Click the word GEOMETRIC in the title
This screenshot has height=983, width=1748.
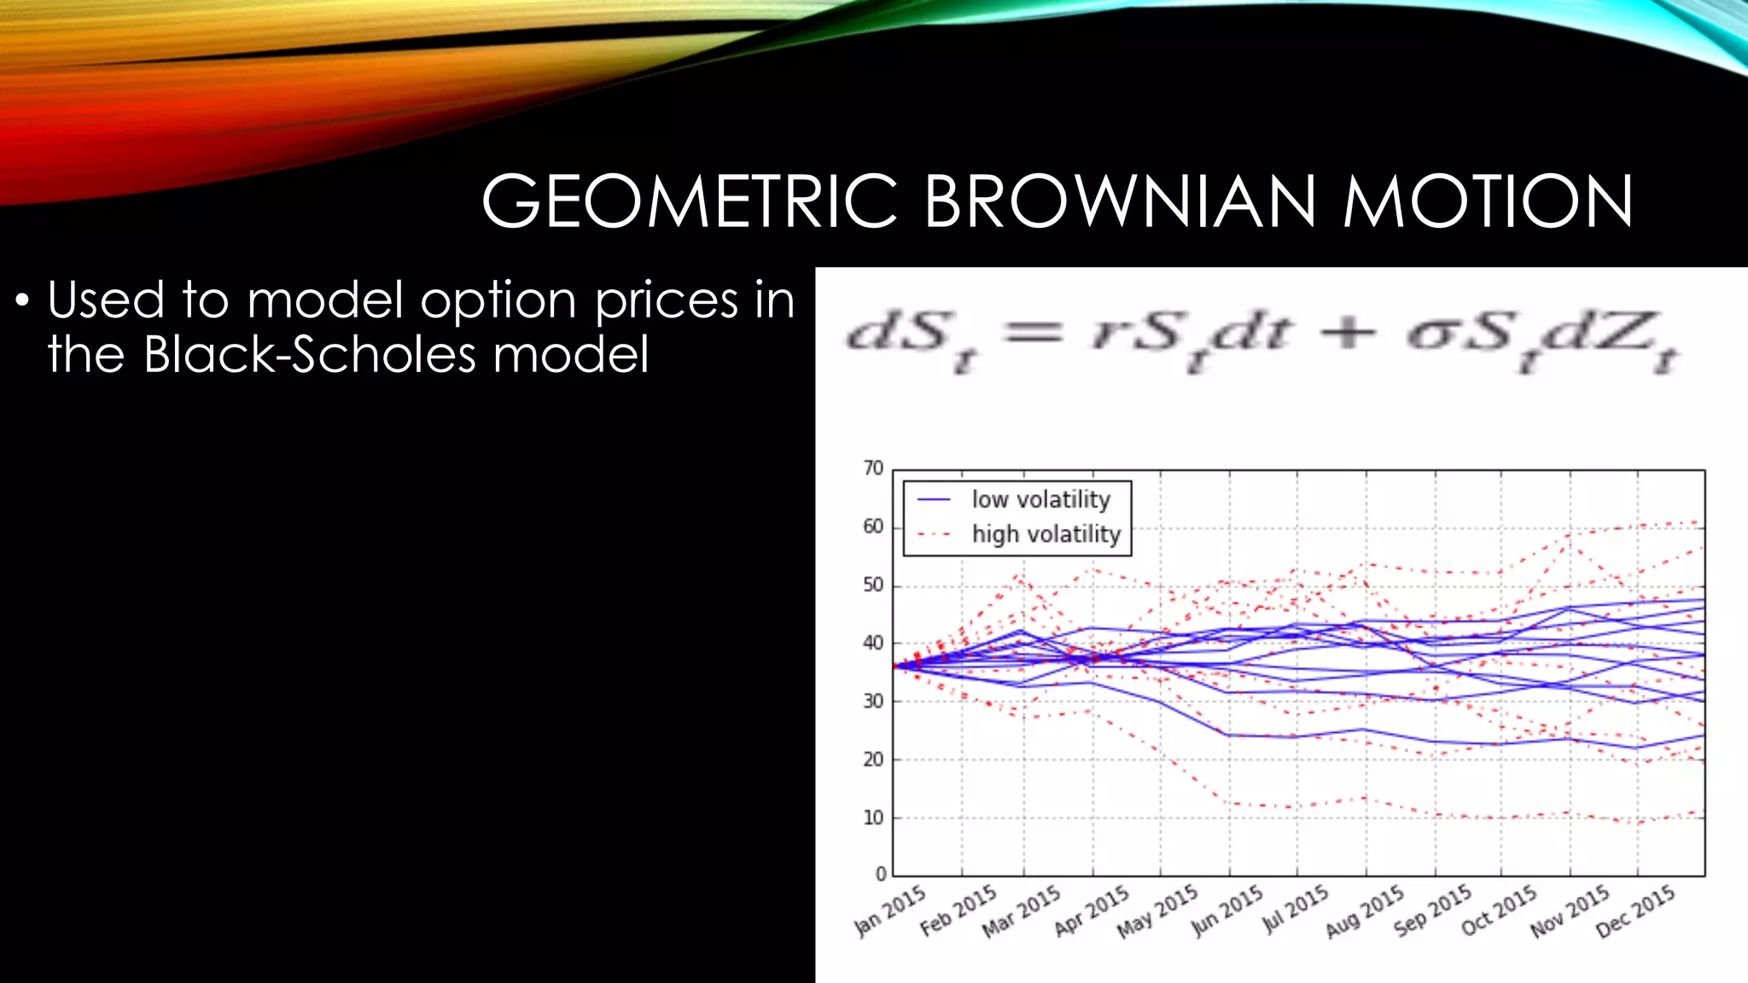tap(690, 202)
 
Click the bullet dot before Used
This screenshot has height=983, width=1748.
tap(23, 301)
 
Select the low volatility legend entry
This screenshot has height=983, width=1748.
tap(1040, 499)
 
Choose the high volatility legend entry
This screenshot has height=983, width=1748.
tap(1046, 534)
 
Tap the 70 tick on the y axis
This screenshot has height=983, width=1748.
tap(872, 468)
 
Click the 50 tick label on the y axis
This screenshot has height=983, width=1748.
tap(872, 585)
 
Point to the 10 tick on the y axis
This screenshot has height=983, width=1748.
tap(872, 817)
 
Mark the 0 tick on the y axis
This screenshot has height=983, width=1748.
tap(880, 874)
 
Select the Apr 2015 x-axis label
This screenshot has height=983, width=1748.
tap(1092, 910)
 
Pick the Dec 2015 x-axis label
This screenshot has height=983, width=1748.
tap(1634, 911)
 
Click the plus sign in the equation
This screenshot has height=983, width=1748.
tap(1348, 332)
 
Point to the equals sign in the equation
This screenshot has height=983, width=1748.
tap(1034, 332)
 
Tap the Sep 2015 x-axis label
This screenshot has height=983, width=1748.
tap(1432, 910)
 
